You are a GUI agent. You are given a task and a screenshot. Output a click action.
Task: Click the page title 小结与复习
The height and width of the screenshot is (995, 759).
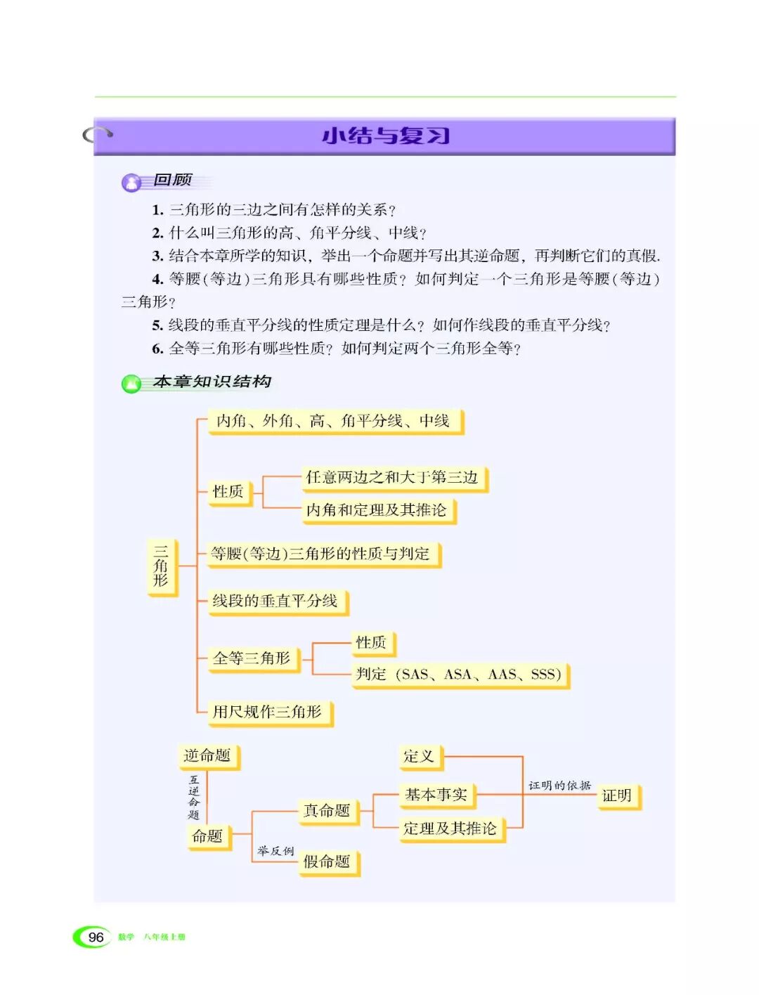[385, 136]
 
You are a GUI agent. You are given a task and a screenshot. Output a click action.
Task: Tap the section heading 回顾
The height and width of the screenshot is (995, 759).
[173, 180]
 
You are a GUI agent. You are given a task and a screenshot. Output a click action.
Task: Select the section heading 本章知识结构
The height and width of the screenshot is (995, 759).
[212, 382]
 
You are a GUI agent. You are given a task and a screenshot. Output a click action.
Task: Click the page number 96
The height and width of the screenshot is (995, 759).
[96, 937]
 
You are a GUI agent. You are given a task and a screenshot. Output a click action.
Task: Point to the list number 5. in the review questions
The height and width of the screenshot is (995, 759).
[157, 325]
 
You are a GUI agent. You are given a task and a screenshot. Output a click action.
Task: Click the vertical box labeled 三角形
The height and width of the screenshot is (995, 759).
[161, 566]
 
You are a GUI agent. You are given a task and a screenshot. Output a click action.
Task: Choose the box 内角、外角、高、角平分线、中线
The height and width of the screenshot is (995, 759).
[334, 421]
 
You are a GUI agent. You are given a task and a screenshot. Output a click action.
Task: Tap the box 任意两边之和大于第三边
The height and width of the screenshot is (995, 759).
[391, 478]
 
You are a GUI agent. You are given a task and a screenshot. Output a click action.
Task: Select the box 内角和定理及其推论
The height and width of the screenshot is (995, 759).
[377, 510]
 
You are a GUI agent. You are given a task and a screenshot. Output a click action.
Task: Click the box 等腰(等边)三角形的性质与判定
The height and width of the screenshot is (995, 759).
[321, 554]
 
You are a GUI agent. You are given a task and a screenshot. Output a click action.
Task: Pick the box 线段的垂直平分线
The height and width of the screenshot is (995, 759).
[275, 601]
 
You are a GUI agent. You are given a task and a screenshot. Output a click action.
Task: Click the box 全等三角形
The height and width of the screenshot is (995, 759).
[252, 658]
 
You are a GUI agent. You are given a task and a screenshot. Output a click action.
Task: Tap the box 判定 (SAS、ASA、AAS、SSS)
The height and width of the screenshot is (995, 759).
[458, 675]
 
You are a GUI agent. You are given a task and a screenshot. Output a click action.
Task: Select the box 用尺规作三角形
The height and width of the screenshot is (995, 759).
[268, 712]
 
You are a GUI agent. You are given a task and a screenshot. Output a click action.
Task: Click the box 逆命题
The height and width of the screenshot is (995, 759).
[207, 755]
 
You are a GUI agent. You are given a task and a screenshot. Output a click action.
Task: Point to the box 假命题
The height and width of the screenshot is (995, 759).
[327, 861]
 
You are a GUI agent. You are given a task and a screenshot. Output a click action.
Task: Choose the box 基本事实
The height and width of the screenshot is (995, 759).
[436, 795]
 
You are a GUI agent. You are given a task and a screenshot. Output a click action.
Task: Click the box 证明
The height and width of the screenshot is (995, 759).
[617, 795]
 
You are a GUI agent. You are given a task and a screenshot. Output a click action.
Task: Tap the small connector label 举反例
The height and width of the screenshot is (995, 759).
[275, 851]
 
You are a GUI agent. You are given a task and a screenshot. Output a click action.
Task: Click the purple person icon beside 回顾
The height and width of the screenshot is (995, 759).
[131, 183]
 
